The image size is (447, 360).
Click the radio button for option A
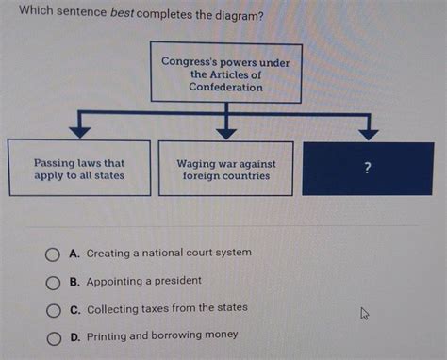click(55, 254)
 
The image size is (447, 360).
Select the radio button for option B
click(55, 282)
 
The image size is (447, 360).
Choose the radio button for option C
click(55, 309)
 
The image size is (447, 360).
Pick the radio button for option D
click(55, 336)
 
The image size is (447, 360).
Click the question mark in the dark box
click(368, 168)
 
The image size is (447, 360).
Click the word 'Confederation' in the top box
click(225, 87)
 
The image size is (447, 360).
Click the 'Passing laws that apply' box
click(79, 169)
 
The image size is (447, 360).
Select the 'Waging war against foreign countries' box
click(226, 169)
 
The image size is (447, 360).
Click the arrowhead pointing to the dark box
click(368, 131)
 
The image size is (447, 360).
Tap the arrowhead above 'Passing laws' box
click(79, 131)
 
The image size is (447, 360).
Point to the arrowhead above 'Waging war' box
click(226, 131)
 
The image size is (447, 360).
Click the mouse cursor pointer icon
click(364, 313)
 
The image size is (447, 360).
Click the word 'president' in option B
click(177, 281)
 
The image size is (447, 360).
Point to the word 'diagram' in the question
click(230, 16)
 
